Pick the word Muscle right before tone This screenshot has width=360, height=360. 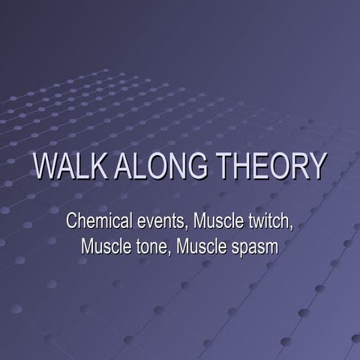coord(106,246)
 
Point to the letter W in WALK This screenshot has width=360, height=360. coord(45,166)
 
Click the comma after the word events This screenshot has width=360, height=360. coord(187,227)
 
